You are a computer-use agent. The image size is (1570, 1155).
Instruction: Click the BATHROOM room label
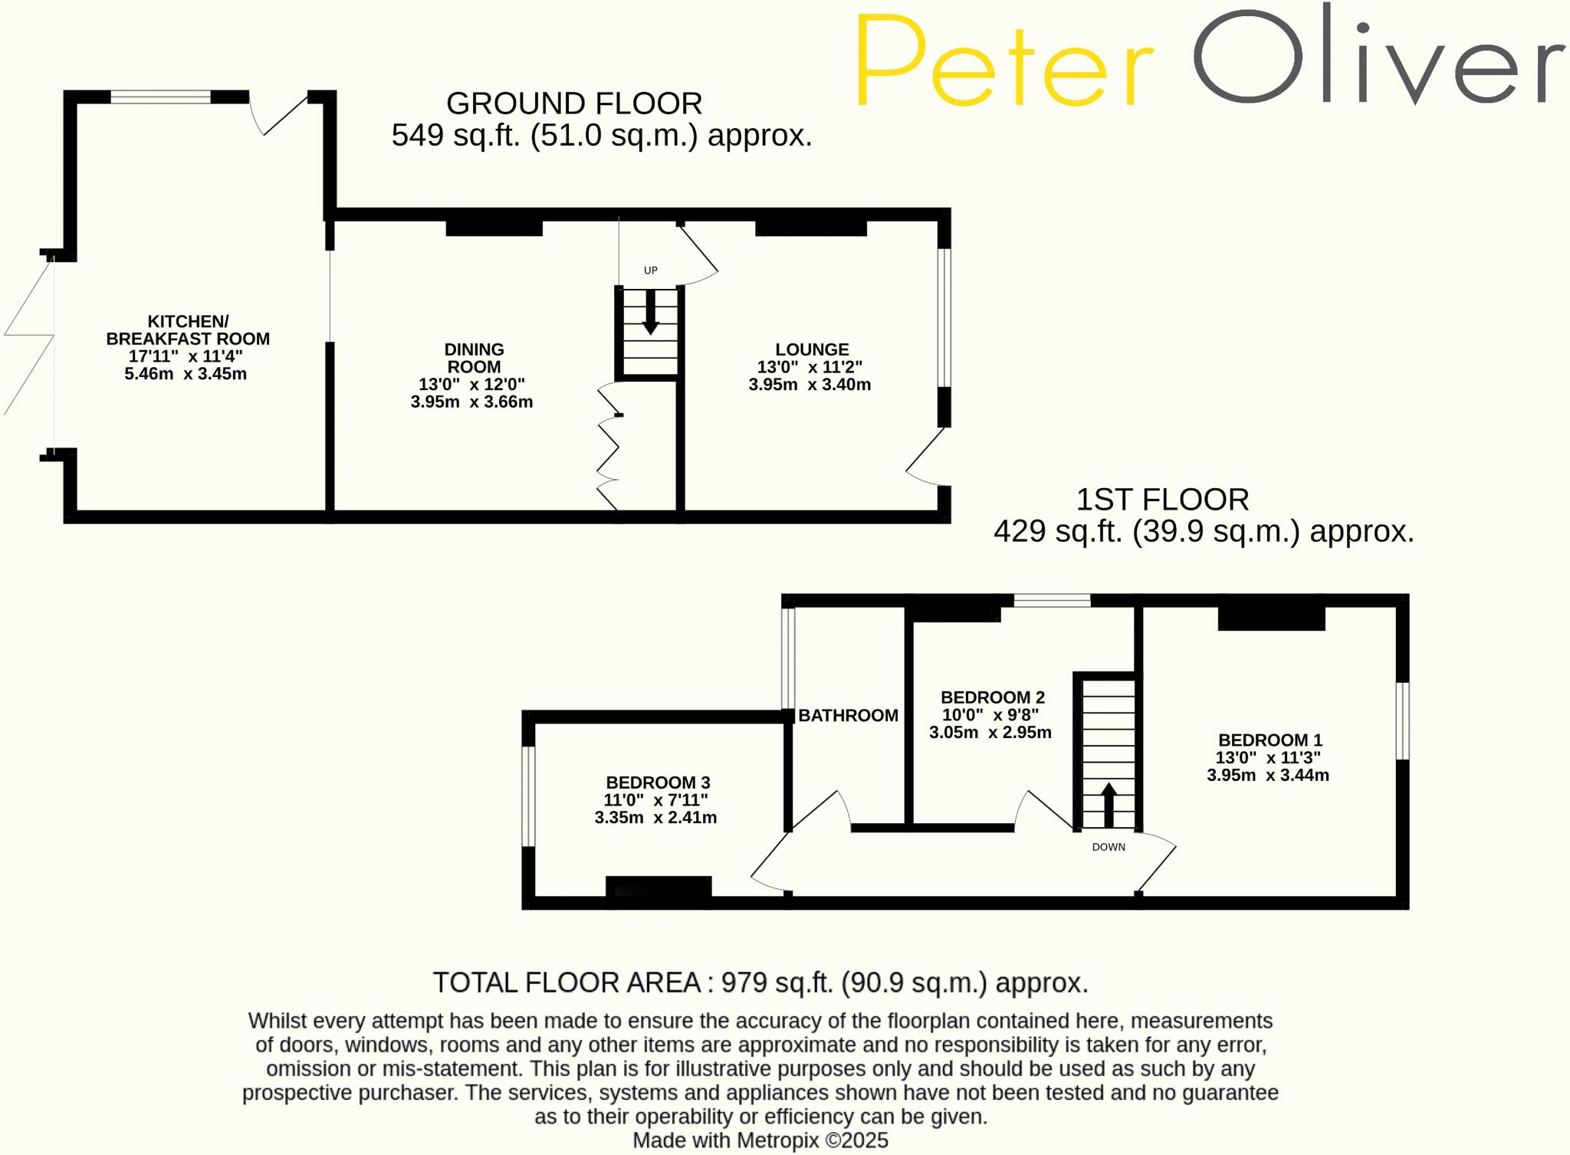848,715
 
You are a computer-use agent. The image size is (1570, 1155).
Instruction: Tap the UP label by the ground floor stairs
650,271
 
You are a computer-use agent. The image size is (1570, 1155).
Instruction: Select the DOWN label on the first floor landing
1109,847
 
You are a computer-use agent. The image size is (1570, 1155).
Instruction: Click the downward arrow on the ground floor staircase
650,312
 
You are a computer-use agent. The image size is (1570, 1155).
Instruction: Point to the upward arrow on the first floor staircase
1109,805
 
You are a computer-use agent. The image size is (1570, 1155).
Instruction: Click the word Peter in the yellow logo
1004,61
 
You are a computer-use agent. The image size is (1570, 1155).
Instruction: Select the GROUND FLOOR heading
574,103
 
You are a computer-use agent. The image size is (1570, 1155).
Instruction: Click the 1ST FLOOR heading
1162,500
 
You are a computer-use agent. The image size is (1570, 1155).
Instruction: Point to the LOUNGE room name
812,349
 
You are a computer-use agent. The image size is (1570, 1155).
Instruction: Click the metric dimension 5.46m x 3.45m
186,374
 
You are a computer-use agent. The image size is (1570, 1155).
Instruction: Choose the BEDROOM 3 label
658,783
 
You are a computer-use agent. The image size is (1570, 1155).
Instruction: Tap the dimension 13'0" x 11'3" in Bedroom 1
1268,757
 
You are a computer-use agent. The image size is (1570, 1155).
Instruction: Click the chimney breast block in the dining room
494,228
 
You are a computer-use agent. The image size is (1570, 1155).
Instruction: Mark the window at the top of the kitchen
160,97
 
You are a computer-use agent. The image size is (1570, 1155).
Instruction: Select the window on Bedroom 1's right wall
1402,720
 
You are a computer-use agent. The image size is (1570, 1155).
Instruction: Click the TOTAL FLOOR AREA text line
760,983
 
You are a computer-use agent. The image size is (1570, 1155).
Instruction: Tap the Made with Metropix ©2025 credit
760,1140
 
